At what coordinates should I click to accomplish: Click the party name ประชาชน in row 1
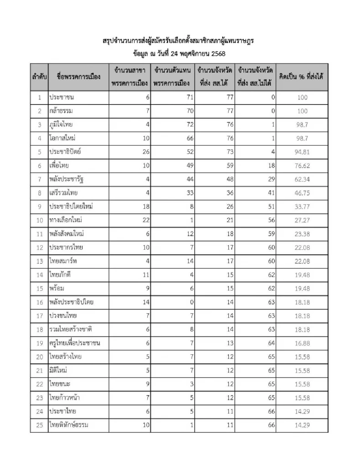pos(62,97)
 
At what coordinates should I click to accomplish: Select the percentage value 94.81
pos(302,152)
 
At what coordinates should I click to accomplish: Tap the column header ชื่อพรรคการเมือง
pos(79,77)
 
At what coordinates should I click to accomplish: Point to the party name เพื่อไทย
pos(59,165)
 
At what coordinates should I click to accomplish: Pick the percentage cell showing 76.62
pos(302,166)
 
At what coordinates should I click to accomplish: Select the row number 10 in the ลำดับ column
pos(39,220)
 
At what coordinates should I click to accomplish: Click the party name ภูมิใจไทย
pos(61,124)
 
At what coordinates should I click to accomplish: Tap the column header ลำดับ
pos(39,77)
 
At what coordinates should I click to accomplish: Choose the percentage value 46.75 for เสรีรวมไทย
pos(302,193)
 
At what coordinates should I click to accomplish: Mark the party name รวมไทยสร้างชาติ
pos(71,329)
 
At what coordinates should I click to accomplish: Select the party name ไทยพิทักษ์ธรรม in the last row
pos(69,425)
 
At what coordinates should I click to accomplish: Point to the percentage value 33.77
pos(302,207)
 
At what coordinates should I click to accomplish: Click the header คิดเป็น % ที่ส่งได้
pos(302,77)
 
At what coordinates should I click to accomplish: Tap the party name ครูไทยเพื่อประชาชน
pos(75,343)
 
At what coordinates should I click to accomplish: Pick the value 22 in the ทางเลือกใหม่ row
pos(146,220)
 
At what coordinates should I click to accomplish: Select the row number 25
pos(39,425)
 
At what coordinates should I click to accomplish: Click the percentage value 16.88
pos(302,343)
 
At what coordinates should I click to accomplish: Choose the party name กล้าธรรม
pos(61,111)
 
